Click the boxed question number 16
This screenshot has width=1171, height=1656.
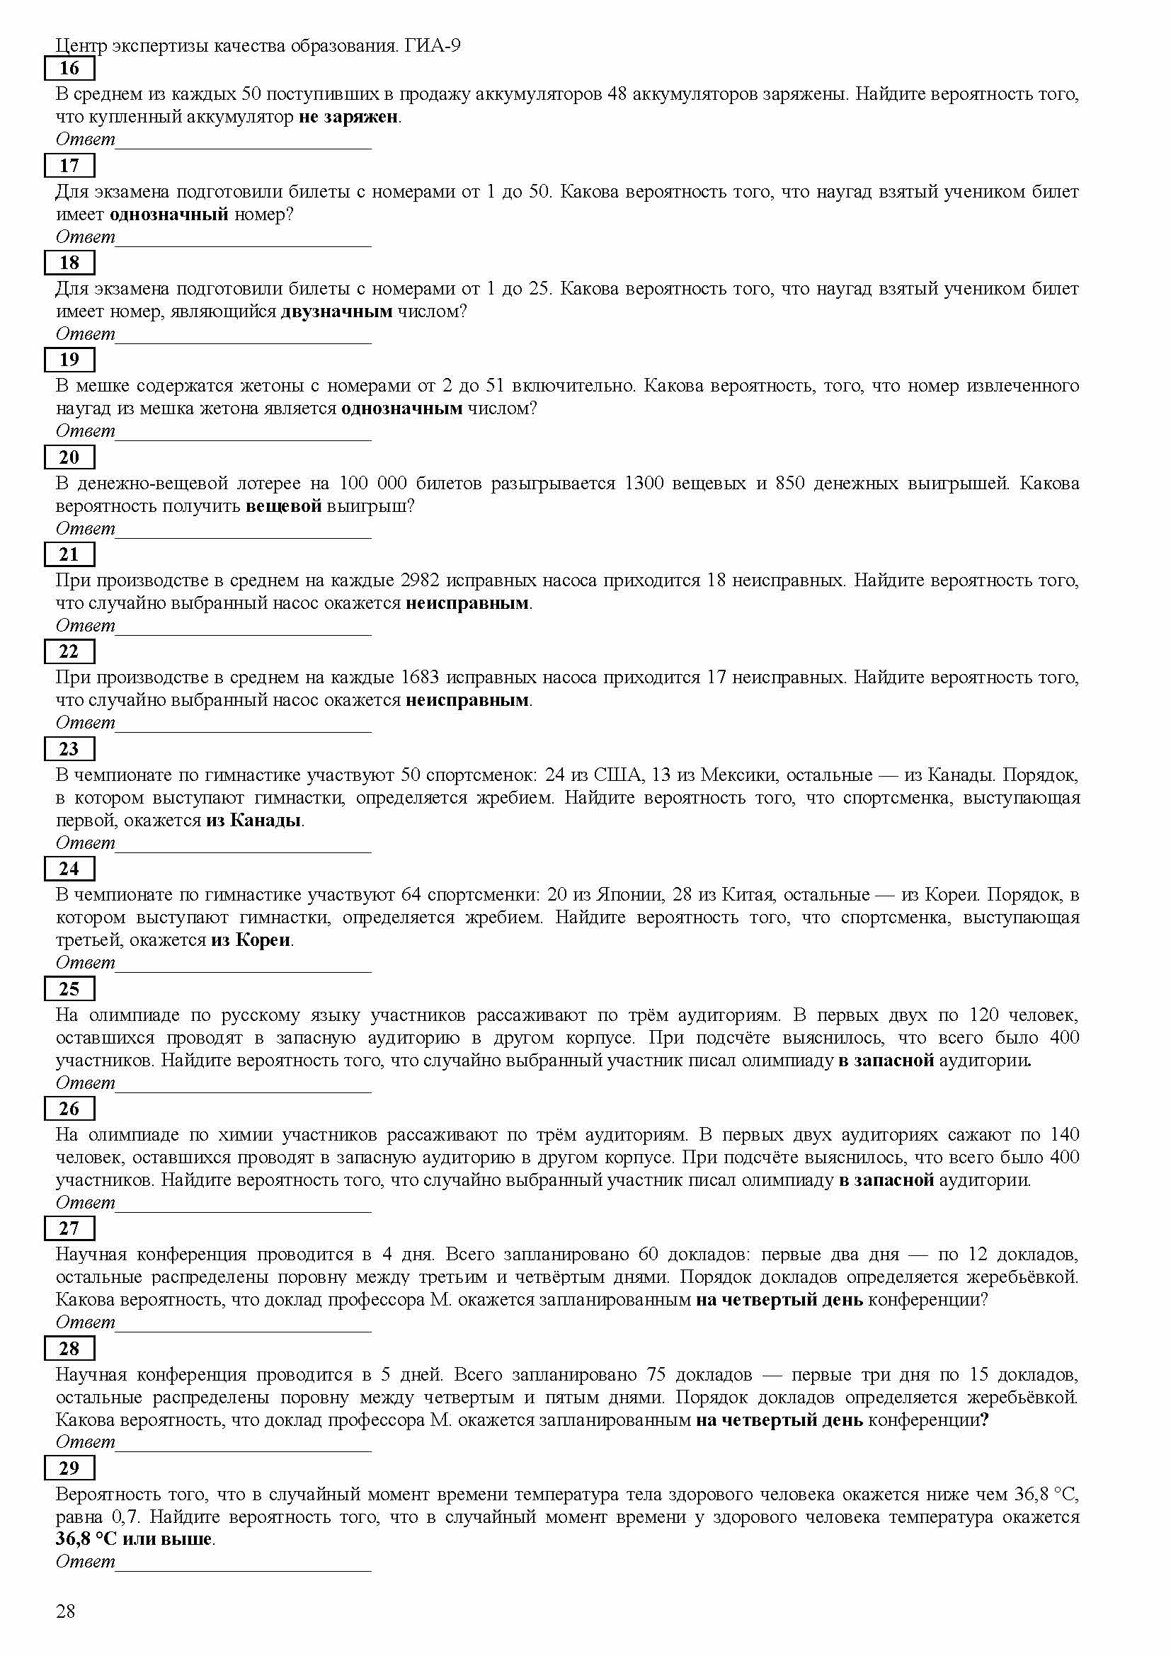click(69, 69)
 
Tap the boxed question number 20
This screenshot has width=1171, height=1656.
click(69, 457)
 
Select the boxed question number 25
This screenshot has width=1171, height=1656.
click(69, 989)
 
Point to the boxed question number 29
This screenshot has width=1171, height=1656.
click(69, 1468)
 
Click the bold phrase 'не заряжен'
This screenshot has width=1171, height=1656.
click(348, 117)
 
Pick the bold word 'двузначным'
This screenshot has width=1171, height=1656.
click(337, 312)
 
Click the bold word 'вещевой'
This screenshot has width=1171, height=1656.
click(283, 506)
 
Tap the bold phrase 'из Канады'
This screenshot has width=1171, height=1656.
click(253, 821)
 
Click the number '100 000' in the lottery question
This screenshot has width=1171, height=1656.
click(373, 484)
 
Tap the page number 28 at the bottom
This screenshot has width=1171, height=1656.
click(66, 1611)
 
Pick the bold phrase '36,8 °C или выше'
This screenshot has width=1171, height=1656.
click(135, 1539)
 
